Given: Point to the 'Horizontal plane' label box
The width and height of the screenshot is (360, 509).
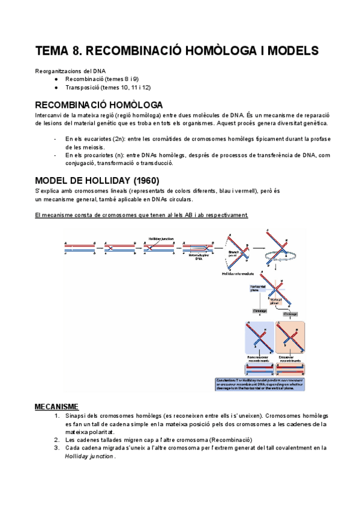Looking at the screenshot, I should click(x=256, y=289).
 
